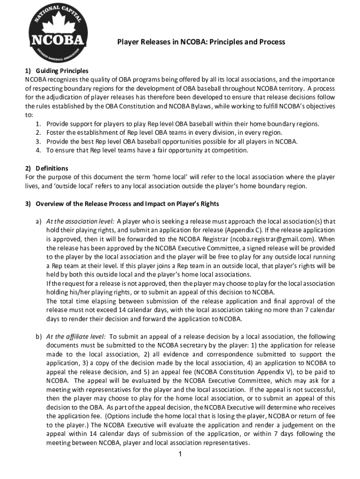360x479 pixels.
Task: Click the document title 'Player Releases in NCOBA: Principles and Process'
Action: click(x=201, y=42)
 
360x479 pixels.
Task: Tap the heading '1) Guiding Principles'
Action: click(x=57, y=71)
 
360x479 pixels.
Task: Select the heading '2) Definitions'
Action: click(x=47, y=168)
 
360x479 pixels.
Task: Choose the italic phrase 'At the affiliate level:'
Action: click(x=76, y=336)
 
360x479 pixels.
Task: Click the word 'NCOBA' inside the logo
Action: click(x=58, y=40)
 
